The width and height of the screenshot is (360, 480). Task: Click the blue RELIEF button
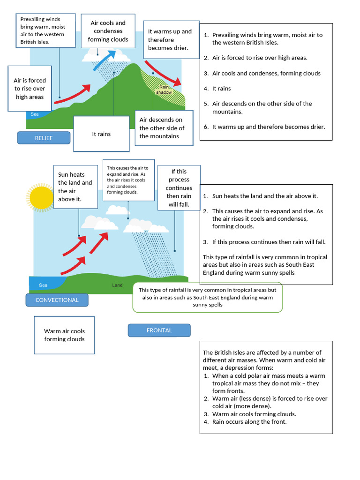click(x=44, y=138)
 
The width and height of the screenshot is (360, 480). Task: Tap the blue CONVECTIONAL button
click(x=57, y=300)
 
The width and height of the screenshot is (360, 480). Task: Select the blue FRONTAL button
click(x=159, y=330)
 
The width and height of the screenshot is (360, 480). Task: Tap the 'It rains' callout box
click(x=101, y=134)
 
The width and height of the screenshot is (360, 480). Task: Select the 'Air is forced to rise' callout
click(x=30, y=89)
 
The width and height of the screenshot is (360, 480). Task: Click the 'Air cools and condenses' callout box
click(x=108, y=31)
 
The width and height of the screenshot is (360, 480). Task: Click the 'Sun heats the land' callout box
click(x=75, y=187)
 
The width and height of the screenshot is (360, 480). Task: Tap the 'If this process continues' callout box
click(x=179, y=188)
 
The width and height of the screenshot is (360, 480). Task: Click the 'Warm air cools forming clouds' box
click(x=64, y=335)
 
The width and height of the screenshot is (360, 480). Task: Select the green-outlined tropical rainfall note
click(x=207, y=297)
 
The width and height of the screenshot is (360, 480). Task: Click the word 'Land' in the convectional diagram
click(x=117, y=285)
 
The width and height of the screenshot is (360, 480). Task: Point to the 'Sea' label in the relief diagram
click(x=35, y=114)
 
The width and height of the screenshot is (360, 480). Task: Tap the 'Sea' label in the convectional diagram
click(x=43, y=285)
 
